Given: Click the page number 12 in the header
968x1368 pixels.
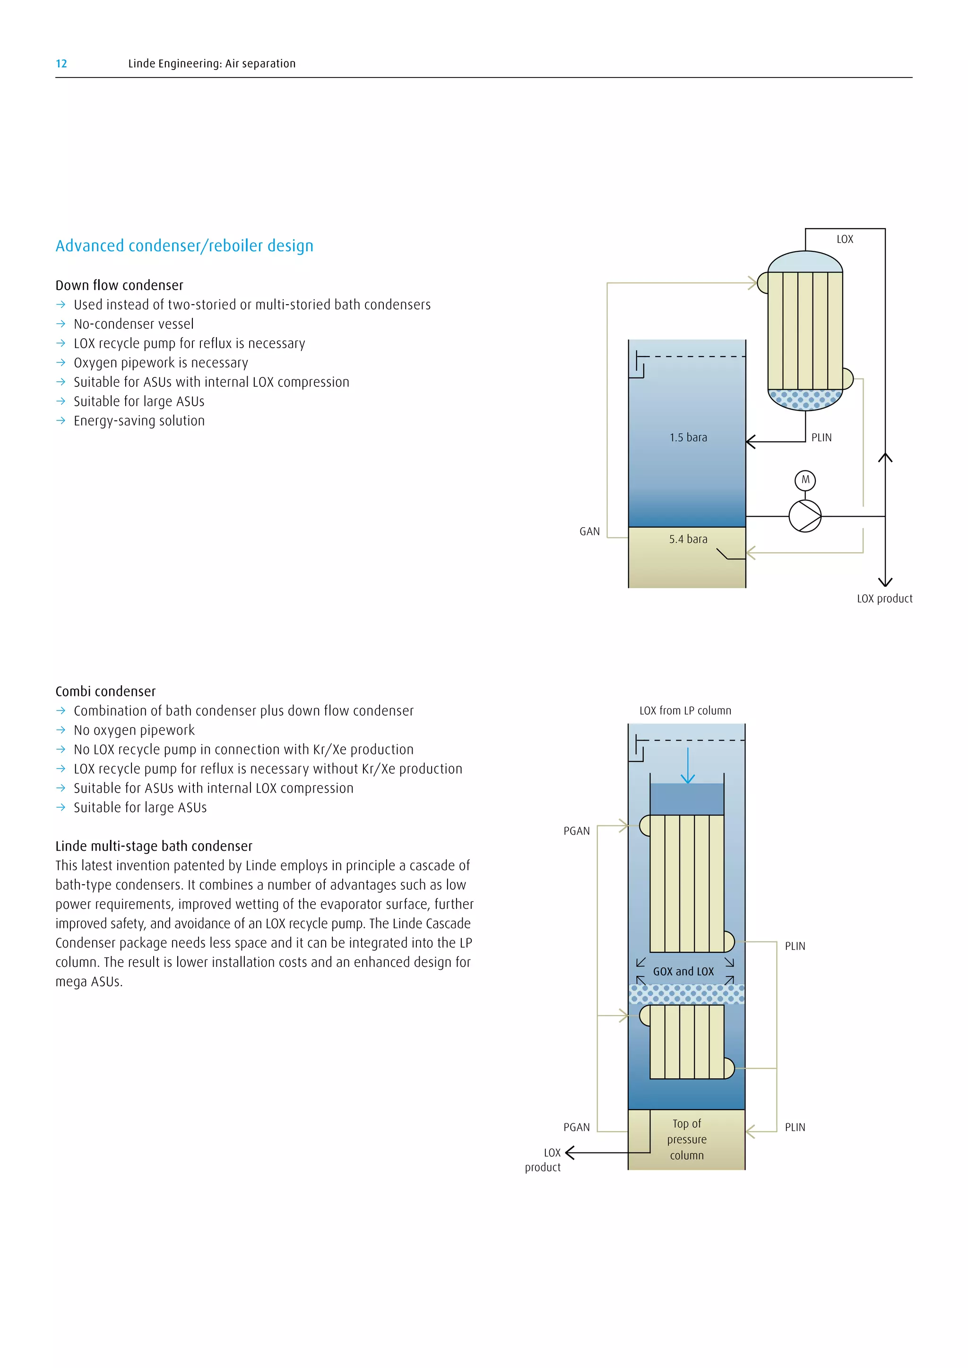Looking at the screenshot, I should coord(61,64).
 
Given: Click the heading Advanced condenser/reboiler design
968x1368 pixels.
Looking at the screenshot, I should coord(184,246).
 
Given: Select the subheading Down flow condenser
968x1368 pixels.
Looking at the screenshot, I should coord(119,285).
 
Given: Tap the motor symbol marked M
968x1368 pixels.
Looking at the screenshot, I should coord(805,480).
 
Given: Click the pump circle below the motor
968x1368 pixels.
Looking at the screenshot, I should coord(804,516).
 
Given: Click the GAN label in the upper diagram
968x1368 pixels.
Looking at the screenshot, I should coord(589,531).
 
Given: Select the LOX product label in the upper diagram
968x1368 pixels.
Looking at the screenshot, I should coord(884,599).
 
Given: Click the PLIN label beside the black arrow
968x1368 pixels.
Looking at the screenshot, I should coord(821,437).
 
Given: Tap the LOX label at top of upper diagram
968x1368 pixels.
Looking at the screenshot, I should coord(845,239).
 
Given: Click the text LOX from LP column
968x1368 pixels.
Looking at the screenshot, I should coord(685,711).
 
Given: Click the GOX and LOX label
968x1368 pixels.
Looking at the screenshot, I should coord(683,972).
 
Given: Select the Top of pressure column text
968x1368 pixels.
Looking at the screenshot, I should coord(687,1139).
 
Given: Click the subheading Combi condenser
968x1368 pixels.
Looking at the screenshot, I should coord(105,692).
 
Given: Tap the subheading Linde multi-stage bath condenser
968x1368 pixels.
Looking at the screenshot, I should coord(154,846).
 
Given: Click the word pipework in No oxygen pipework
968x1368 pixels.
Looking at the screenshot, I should coord(166,730).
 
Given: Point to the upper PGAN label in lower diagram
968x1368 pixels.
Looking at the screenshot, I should coord(576,831).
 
